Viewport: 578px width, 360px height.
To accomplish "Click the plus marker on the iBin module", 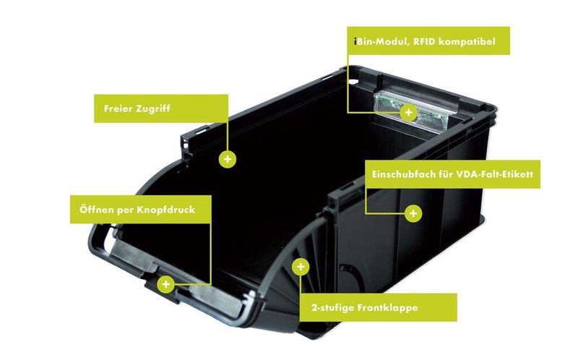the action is pyautogui.click(x=408, y=112).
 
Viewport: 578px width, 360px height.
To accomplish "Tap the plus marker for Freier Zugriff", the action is pyautogui.click(x=228, y=159).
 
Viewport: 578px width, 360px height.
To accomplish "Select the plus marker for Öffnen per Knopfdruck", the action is pyautogui.click(x=166, y=284).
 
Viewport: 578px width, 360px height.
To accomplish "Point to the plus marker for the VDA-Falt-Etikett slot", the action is pyautogui.click(x=413, y=213).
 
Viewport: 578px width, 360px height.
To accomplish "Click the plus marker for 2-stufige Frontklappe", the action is pyautogui.click(x=301, y=267).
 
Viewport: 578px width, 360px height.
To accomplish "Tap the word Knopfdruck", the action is pyautogui.click(x=166, y=210).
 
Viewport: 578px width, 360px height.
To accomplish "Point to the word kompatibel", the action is pyautogui.click(x=467, y=42).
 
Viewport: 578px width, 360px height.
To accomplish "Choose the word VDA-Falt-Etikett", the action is pyautogui.click(x=495, y=174).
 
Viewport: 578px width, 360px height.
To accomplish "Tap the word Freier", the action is pyautogui.click(x=118, y=109).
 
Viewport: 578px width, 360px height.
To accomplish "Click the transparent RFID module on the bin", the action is pyautogui.click(x=413, y=112).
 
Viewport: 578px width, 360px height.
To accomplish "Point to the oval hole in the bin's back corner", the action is pyautogui.click(x=353, y=81).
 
